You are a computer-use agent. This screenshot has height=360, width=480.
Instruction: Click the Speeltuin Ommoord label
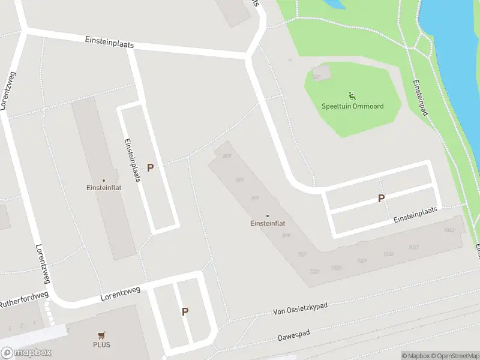click(x=352, y=106)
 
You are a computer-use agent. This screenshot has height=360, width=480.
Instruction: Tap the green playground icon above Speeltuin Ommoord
click(x=352, y=95)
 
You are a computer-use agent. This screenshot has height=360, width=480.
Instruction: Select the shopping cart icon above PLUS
click(x=101, y=336)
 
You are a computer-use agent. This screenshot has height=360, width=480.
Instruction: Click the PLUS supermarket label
click(x=101, y=345)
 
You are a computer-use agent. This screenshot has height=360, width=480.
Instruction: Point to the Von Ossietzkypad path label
click(x=300, y=308)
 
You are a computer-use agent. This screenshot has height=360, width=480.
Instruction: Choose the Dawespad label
click(x=293, y=337)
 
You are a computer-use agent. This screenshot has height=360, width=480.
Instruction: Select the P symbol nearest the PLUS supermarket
click(x=185, y=311)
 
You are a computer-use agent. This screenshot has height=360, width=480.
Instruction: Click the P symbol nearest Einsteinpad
click(x=380, y=198)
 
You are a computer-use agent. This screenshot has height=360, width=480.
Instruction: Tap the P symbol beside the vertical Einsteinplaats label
click(x=150, y=168)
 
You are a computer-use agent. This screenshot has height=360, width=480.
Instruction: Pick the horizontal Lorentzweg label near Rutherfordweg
click(x=120, y=293)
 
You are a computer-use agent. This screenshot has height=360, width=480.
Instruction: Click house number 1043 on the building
click(x=448, y=230)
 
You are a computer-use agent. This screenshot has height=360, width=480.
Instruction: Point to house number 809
click(x=227, y=157)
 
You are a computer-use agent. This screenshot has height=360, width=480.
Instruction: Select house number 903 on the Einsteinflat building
click(x=302, y=254)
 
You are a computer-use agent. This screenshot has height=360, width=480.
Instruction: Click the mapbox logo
click(x=26, y=353)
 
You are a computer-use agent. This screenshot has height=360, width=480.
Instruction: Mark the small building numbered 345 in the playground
click(x=317, y=77)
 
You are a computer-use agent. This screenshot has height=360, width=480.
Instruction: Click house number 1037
click(x=413, y=247)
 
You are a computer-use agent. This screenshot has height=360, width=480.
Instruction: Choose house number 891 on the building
click(x=254, y=198)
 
